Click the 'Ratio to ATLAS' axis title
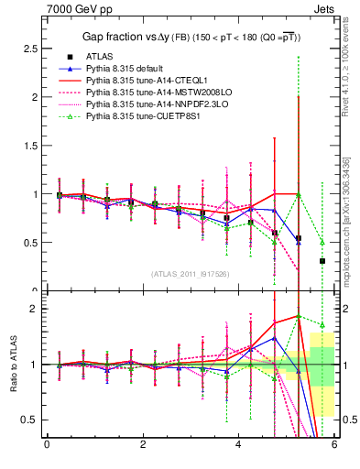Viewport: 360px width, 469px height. (x=12, y=364)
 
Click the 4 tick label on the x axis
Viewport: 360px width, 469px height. (x=238, y=445)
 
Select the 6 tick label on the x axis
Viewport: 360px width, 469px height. (x=334, y=445)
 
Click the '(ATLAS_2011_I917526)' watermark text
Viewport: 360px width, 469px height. (x=191, y=274)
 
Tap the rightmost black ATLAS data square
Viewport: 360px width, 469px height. (x=322, y=261)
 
